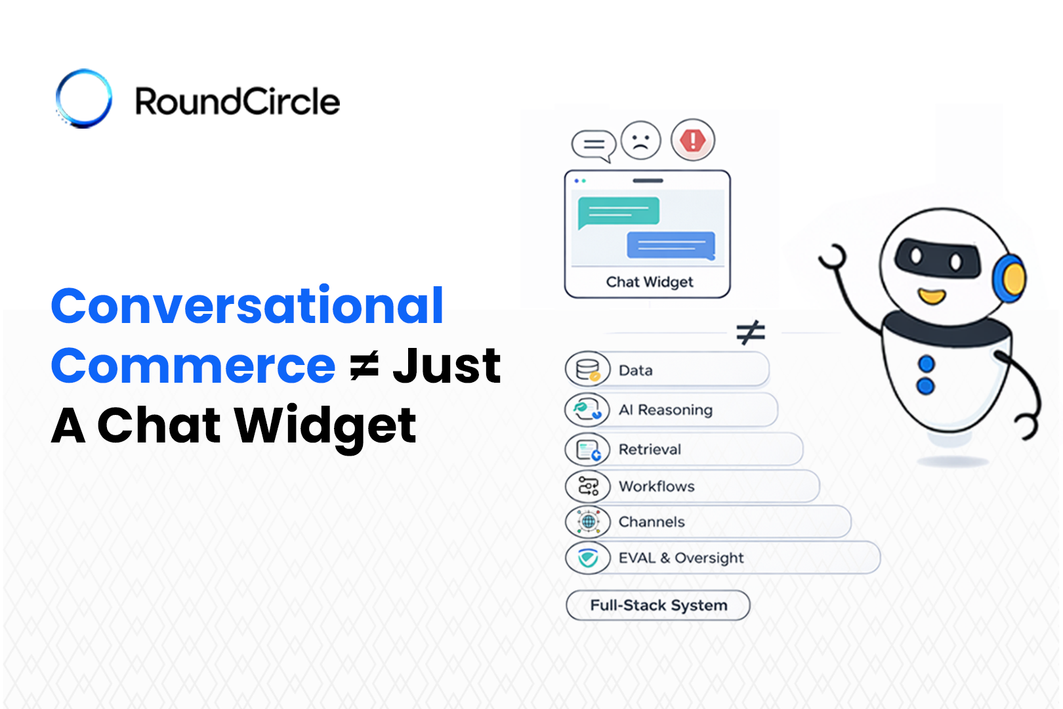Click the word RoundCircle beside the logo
pyautogui.click(x=238, y=100)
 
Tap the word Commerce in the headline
pyautogui.click(x=193, y=366)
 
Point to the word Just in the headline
pyautogui.click(x=447, y=365)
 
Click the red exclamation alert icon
pyautogui.click(x=693, y=140)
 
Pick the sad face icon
pyautogui.click(x=641, y=140)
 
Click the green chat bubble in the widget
pyautogui.click(x=618, y=212)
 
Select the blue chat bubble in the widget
pyautogui.click(x=671, y=245)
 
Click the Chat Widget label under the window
pyautogui.click(x=649, y=282)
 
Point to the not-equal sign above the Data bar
pyautogui.click(x=751, y=332)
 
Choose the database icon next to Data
pyautogui.click(x=587, y=370)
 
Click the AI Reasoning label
pyautogui.click(x=665, y=410)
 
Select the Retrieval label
pyautogui.click(x=650, y=449)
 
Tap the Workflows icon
pyautogui.click(x=587, y=486)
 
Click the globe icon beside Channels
pyautogui.click(x=587, y=522)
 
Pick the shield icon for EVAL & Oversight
pyautogui.click(x=587, y=557)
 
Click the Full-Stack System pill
pyautogui.click(x=658, y=605)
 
